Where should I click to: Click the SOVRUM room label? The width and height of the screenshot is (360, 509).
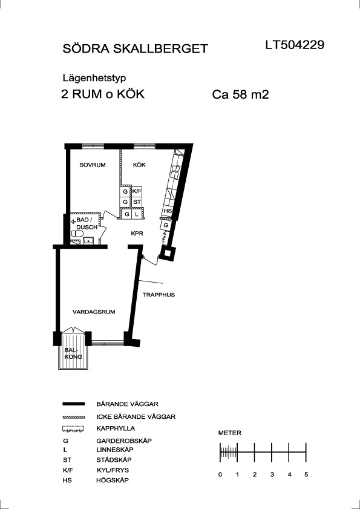pos(93,165)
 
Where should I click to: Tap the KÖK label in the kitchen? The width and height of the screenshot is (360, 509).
pos(139,165)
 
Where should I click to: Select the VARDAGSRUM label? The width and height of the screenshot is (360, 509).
pos(94,312)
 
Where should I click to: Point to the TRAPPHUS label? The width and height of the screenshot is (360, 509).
pos(159,295)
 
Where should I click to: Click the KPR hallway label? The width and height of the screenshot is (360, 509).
pos(137,234)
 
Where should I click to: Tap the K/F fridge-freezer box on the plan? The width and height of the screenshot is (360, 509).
pos(137,191)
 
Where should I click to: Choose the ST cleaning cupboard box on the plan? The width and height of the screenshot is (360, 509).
pos(137,202)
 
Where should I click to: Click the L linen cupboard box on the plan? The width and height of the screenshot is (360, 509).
pos(137,214)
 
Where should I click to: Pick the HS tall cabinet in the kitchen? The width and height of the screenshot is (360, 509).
pos(168,211)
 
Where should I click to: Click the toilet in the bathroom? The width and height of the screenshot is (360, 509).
pos(77,234)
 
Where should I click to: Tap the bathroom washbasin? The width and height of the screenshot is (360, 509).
pos(88,241)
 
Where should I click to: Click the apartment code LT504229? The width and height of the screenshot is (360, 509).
pos(295,45)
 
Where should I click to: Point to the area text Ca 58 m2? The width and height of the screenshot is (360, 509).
pos(241,95)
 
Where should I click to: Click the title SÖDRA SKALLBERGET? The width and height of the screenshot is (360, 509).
pos(135,48)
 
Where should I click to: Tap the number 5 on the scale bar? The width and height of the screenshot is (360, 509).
pos(306,475)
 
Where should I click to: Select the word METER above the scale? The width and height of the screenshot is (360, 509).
pos(230,433)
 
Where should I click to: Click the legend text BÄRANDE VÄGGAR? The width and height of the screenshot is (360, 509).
pos(127,404)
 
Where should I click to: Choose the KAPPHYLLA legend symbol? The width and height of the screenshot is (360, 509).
pos(73,429)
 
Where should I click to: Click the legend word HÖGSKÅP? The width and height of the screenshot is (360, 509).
pos(113,481)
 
